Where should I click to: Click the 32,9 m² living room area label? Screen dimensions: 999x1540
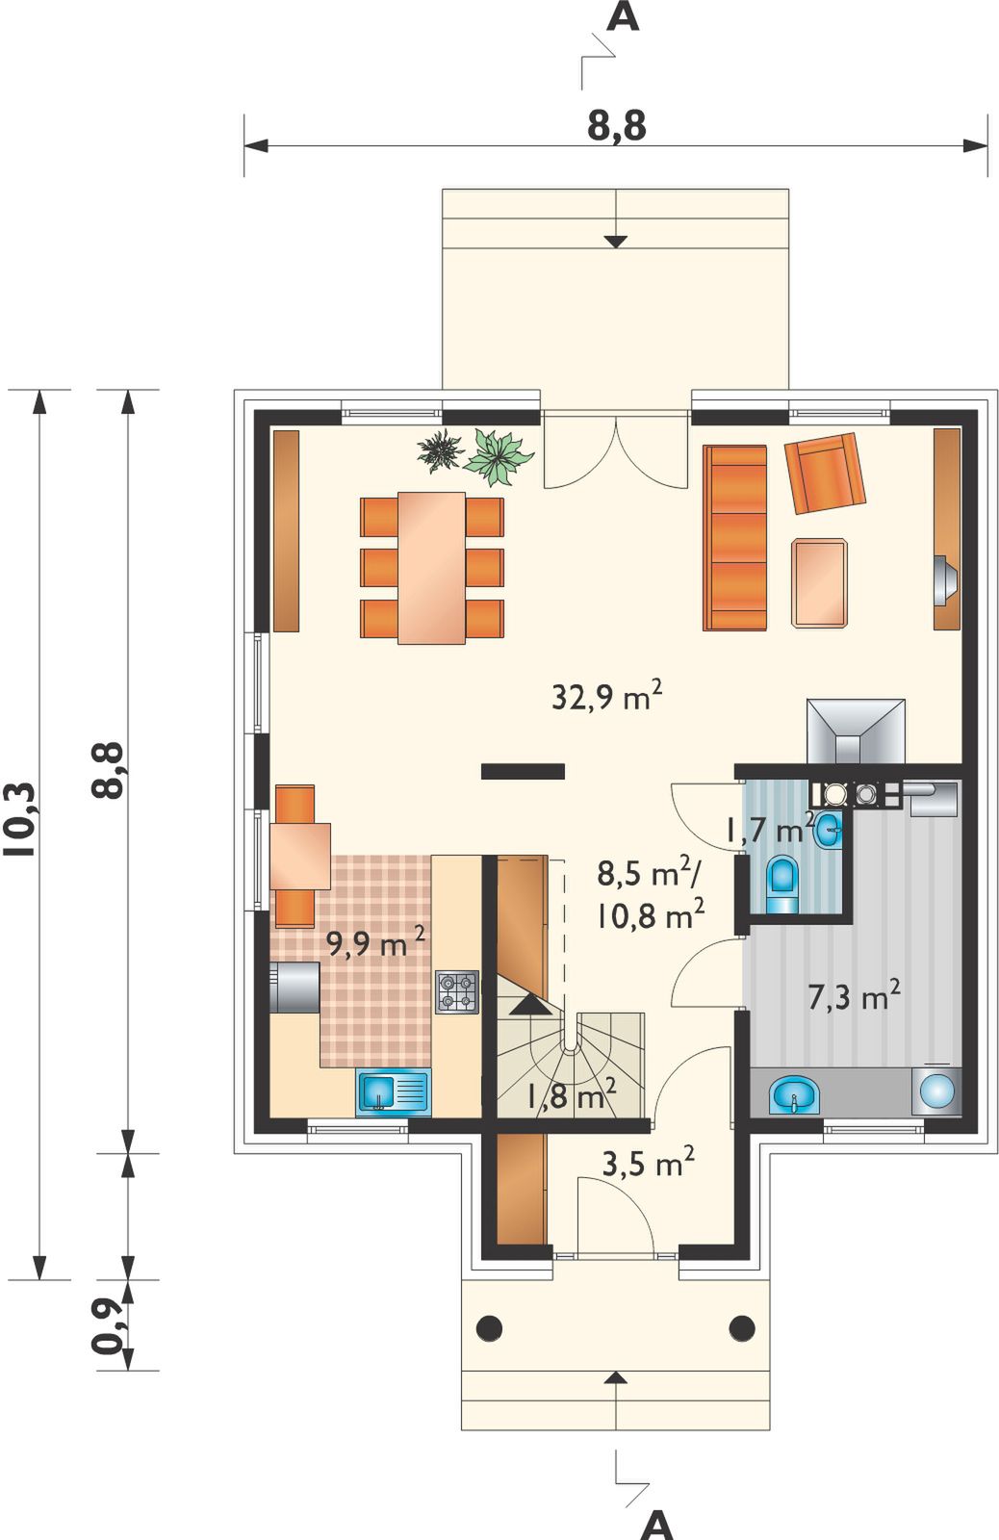tap(607, 697)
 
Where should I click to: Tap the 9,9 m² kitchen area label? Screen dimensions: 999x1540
tap(375, 944)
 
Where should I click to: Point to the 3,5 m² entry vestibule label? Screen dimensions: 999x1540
tap(648, 1164)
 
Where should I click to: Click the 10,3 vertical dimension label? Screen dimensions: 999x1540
tap(19, 821)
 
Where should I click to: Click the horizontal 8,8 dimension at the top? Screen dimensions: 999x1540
tap(617, 126)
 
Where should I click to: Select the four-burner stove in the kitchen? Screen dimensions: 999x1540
tap(456, 991)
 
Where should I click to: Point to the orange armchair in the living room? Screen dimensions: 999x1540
tap(825, 473)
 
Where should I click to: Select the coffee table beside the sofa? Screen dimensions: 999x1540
tap(819, 582)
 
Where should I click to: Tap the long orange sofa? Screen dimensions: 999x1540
tap(734, 538)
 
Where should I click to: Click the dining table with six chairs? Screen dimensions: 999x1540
tap(432, 567)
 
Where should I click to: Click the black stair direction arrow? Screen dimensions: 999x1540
tap(531, 1005)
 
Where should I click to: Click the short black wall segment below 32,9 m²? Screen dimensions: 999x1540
tap(523, 771)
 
